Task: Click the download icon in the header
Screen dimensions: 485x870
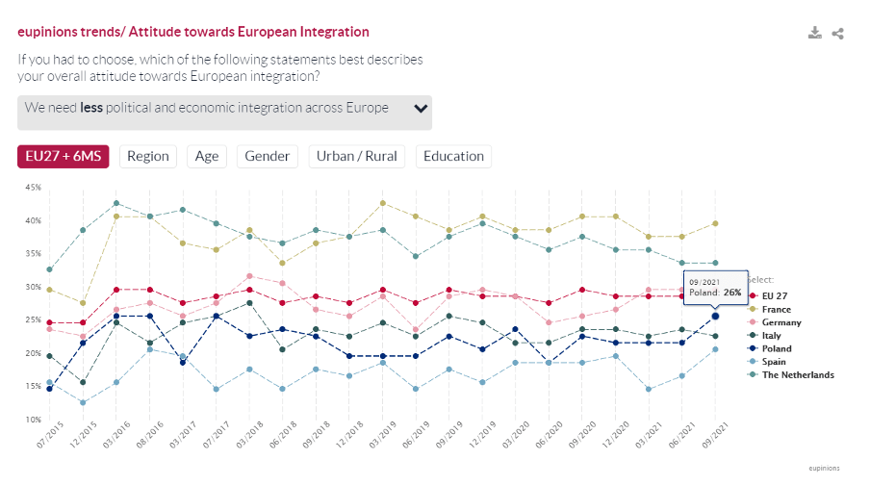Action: coord(815,34)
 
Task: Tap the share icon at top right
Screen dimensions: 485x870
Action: coord(837,34)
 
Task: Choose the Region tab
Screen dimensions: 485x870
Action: coord(147,157)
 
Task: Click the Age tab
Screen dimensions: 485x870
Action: coord(207,157)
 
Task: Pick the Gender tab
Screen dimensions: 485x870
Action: coord(268,157)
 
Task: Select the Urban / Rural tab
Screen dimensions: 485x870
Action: coord(356,157)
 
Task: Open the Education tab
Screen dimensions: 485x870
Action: coord(453,157)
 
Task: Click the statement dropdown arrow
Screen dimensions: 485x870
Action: coord(421,108)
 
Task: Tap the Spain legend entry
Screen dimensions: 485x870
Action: coord(773,362)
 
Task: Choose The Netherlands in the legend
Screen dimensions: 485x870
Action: coord(796,374)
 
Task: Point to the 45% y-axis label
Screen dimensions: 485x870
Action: coord(33,188)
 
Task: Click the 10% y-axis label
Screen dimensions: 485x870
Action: coord(33,421)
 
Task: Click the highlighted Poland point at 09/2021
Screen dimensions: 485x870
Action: coord(715,316)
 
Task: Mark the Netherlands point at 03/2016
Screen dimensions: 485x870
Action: coord(115,203)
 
